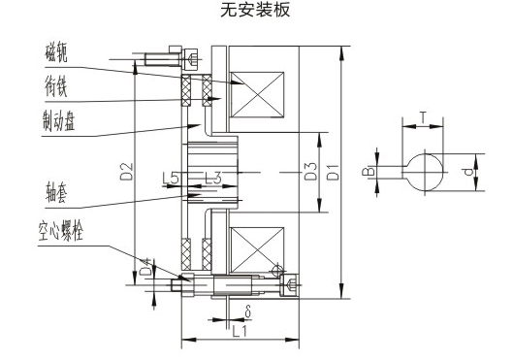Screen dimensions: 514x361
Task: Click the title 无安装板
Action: pyautogui.click(x=255, y=10)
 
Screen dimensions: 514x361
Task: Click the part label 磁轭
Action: pyautogui.click(x=56, y=52)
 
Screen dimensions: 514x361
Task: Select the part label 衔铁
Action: pyautogui.click(x=56, y=86)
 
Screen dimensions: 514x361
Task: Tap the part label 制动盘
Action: pyautogui.click(x=59, y=120)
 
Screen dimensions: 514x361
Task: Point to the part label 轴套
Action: pyautogui.click(x=56, y=192)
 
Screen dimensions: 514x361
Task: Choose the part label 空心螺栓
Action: pyautogui.click(x=61, y=232)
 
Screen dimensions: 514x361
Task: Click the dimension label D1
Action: pyautogui.click(x=333, y=172)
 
